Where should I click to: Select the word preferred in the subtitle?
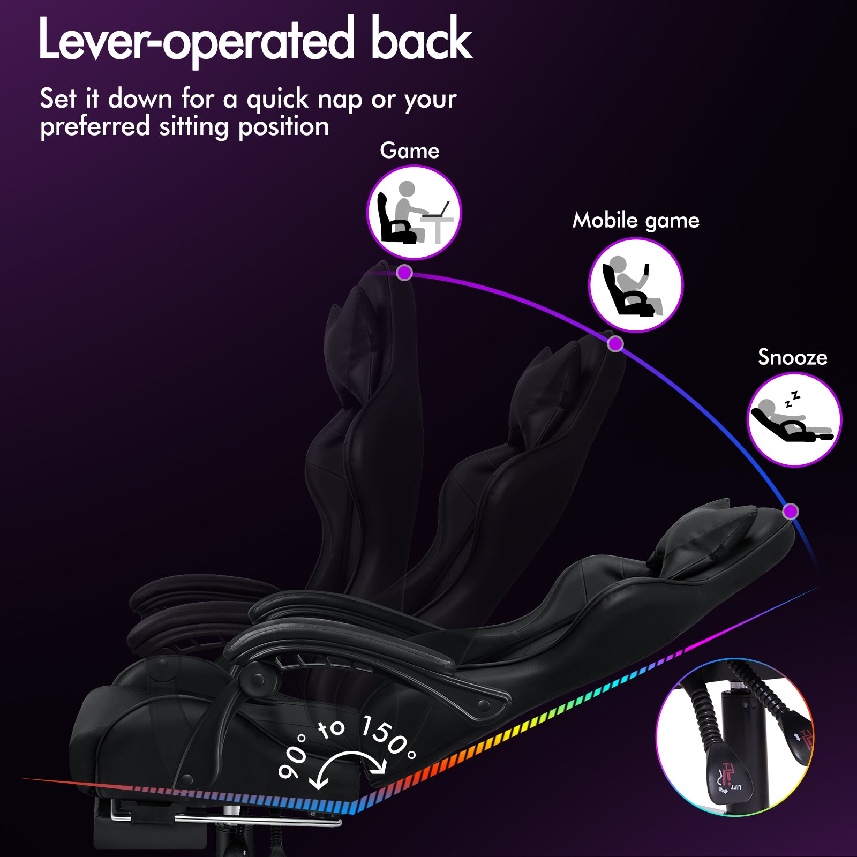pos(95,127)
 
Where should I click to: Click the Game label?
pos(410,151)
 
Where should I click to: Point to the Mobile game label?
pos(636,221)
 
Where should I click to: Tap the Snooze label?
pos(793,357)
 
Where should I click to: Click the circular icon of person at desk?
pos(414,212)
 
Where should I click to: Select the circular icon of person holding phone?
pos(636,285)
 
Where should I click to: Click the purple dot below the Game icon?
pos(404,273)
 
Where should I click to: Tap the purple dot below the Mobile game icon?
pos(615,343)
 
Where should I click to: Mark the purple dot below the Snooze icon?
pos(791,511)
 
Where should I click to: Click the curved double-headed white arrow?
pos(351,756)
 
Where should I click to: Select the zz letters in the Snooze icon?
pos(792,399)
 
